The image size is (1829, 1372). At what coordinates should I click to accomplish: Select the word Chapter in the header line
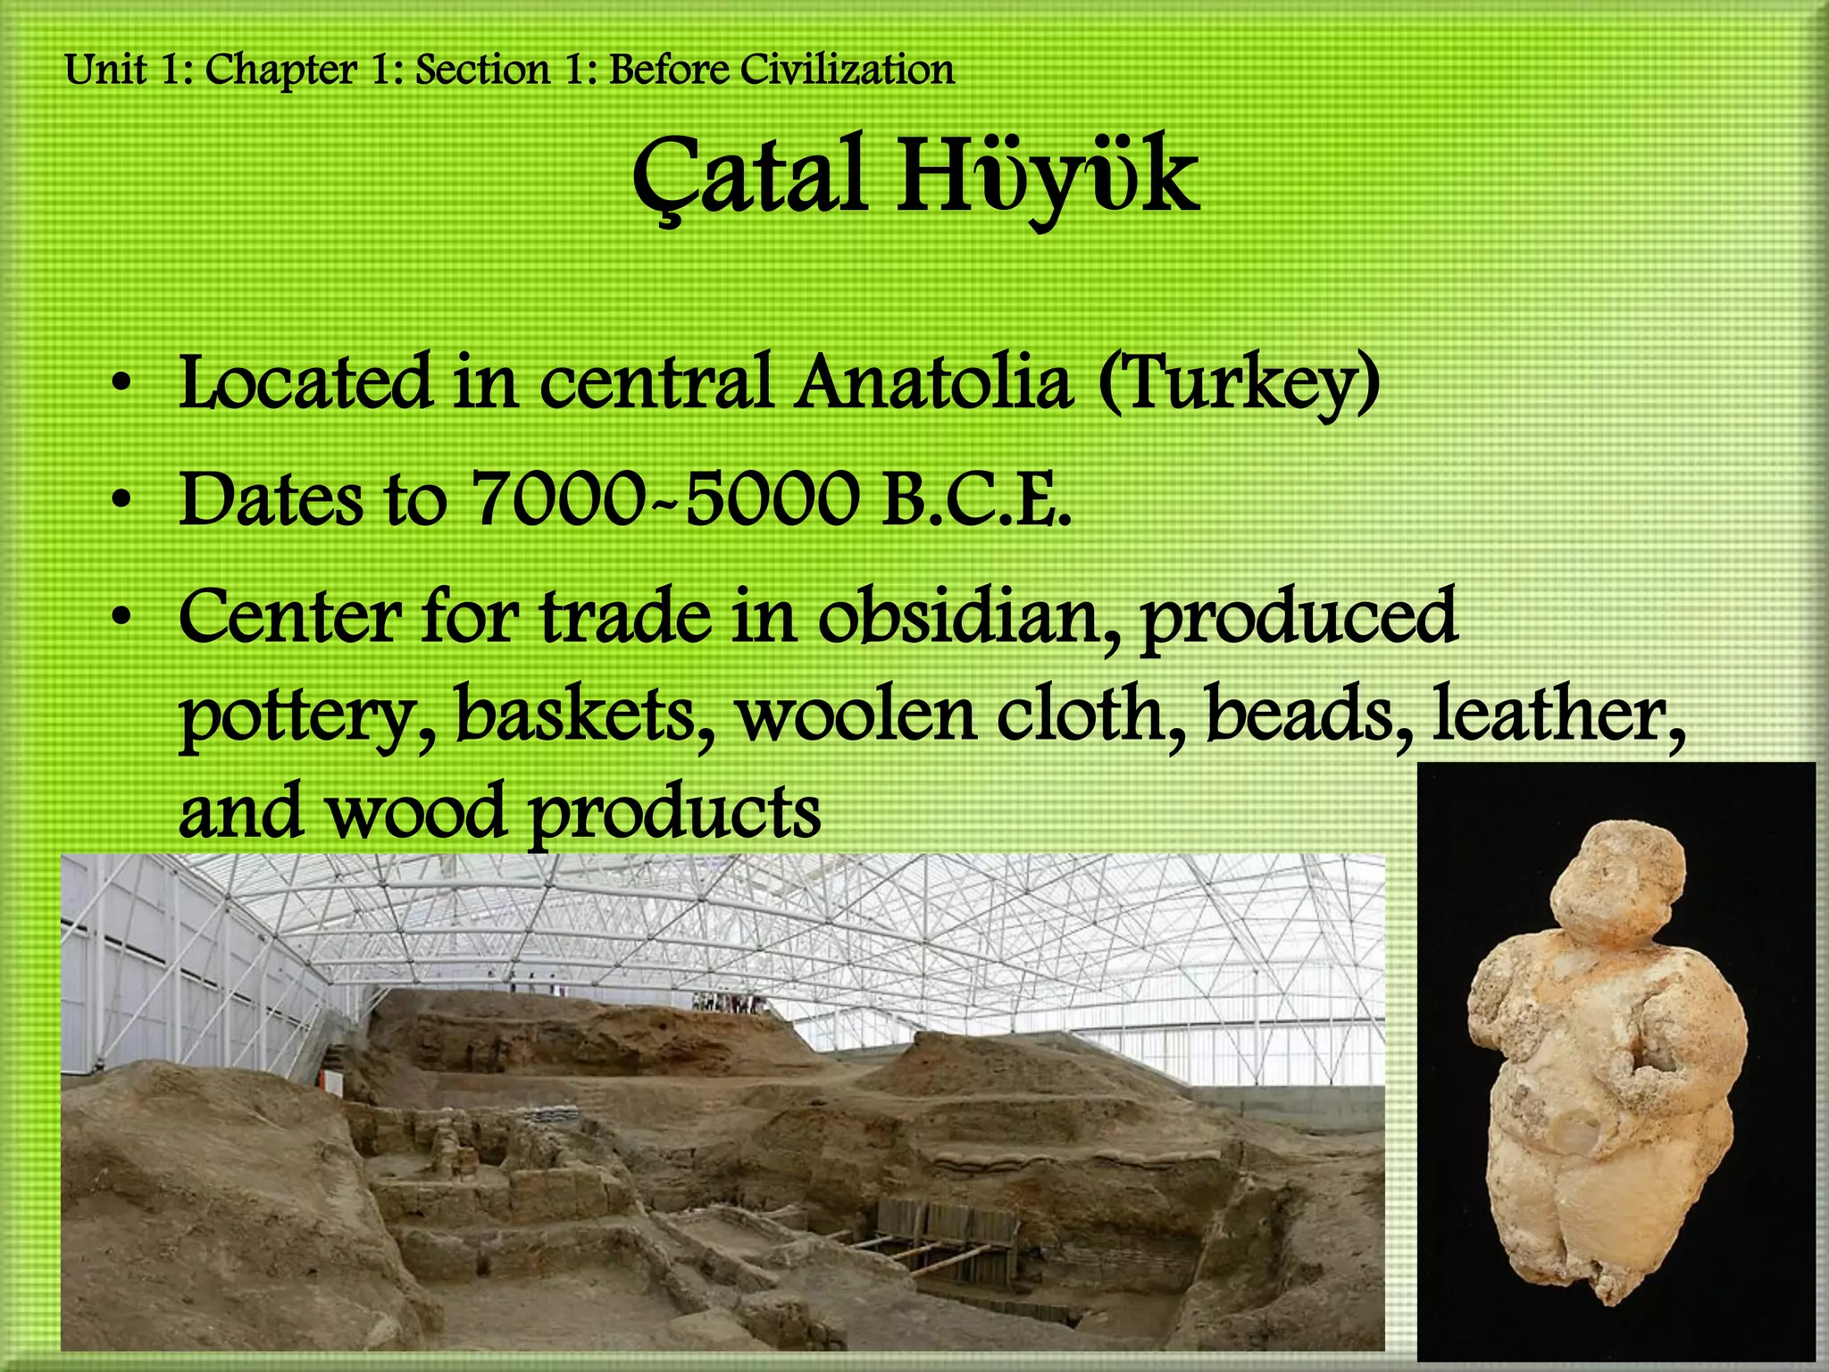280,70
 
